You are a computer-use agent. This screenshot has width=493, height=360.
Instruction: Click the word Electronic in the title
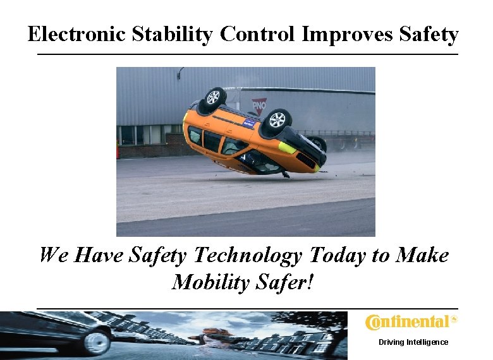tap(77, 34)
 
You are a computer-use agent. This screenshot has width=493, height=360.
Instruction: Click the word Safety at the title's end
tap(429, 34)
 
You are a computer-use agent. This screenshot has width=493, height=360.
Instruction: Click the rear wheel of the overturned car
tap(214, 97)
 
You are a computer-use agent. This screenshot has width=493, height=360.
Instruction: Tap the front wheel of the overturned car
tap(277, 119)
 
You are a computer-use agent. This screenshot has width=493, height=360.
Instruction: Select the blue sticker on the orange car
tap(250, 124)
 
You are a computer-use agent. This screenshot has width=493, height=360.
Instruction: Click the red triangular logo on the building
tap(259, 104)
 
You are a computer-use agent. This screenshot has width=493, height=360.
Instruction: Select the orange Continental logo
tap(411, 322)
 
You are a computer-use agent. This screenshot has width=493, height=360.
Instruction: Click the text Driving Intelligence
tap(413, 342)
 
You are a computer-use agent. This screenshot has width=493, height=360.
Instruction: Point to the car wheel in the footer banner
tap(97, 342)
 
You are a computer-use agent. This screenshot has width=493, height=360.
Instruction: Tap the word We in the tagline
tap(53, 256)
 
